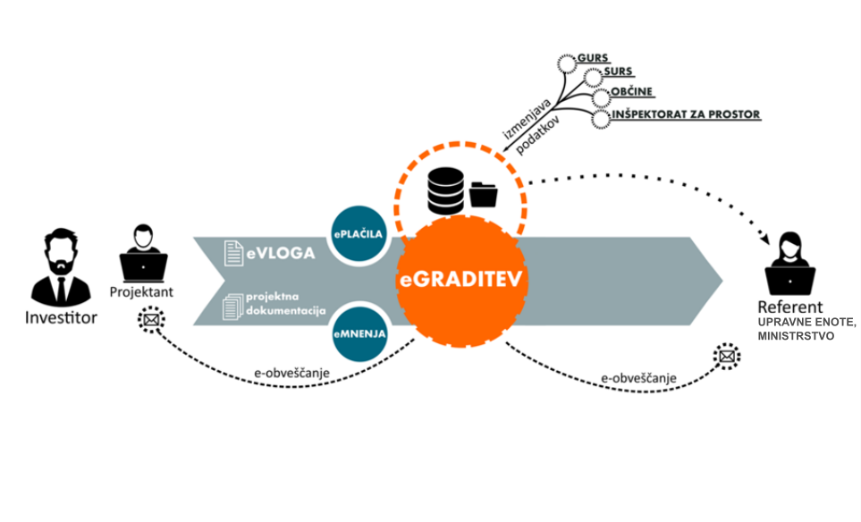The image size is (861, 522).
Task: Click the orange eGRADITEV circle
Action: click(x=461, y=281)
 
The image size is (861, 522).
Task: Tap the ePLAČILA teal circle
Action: click(x=359, y=234)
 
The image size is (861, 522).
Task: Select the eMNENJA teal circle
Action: click(x=359, y=332)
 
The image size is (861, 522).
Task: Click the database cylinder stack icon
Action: click(x=444, y=189)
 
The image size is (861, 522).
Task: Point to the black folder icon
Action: click(x=484, y=194)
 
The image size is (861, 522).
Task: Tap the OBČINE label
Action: click(x=634, y=93)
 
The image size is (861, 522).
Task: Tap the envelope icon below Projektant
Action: click(x=149, y=319)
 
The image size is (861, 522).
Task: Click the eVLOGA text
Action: click(x=281, y=254)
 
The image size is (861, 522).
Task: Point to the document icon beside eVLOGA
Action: click(x=232, y=253)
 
